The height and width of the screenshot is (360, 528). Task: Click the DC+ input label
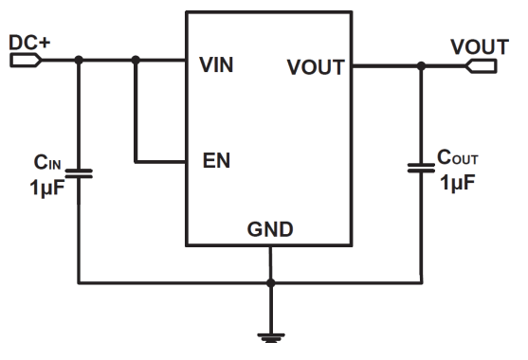(29, 43)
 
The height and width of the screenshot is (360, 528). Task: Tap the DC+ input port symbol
(26, 61)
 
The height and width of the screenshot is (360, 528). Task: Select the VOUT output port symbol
(482, 66)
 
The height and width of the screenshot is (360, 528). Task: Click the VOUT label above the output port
(480, 46)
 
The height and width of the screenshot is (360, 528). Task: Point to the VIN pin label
(216, 64)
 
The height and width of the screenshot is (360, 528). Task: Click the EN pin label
(216, 160)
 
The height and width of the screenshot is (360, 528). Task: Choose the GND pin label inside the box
(270, 229)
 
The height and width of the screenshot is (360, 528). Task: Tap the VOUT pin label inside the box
(316, 67)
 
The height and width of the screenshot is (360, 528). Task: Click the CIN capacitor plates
(79, 173)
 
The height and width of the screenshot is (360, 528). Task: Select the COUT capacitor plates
(421, 168)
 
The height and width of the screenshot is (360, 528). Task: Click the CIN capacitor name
(47, 162)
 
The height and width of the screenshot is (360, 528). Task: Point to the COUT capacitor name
(457, 157)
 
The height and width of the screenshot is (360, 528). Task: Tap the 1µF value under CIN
(46, 188)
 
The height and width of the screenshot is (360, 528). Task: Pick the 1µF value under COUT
(457, 183)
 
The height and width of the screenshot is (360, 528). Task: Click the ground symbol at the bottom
(271, 338)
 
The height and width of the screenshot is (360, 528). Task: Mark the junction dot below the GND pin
(271, 283)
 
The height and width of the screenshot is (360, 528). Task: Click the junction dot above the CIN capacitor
(79, 61)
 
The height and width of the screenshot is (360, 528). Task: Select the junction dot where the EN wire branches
(136, 61)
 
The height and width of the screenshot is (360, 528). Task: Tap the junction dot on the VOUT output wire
(421, 66)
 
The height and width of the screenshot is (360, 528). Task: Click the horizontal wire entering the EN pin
(160, 162)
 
